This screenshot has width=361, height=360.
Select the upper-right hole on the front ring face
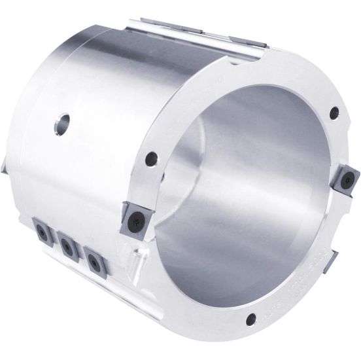click(x=335, y=113)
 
